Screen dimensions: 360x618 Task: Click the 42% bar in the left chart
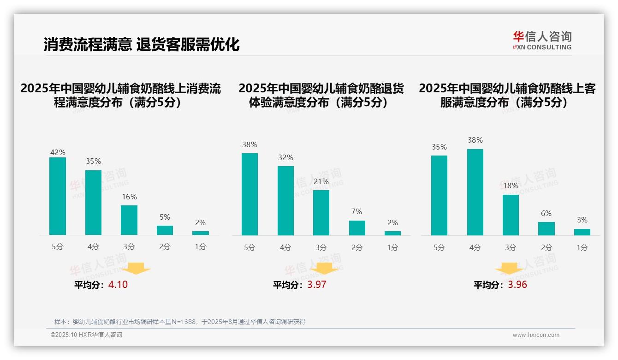coord(58,196)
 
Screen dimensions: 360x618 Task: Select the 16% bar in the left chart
coord(129,220)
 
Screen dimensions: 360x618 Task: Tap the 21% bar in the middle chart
coord(321,213)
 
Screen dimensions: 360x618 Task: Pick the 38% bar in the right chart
coord(475,192)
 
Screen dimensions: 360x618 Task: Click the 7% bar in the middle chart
coord(357,228)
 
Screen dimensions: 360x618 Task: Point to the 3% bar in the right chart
coord(582,232)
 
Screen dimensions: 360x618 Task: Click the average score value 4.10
coord(118,285)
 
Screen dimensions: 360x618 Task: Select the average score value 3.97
coord(317,285)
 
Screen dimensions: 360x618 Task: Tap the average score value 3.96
coord(517,285)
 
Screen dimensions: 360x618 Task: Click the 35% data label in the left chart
coord(94,162)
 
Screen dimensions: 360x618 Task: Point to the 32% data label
coord(285,158)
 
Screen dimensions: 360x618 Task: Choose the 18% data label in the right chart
coord(511,186)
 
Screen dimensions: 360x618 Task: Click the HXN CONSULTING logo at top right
coord(542,40)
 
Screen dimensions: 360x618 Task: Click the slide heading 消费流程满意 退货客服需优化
coord(142,45)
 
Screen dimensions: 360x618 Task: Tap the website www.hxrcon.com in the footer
coord(536,335)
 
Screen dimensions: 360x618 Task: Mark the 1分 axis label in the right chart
coord(582,247)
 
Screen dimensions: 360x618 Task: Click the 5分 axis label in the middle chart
coord(250,247)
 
